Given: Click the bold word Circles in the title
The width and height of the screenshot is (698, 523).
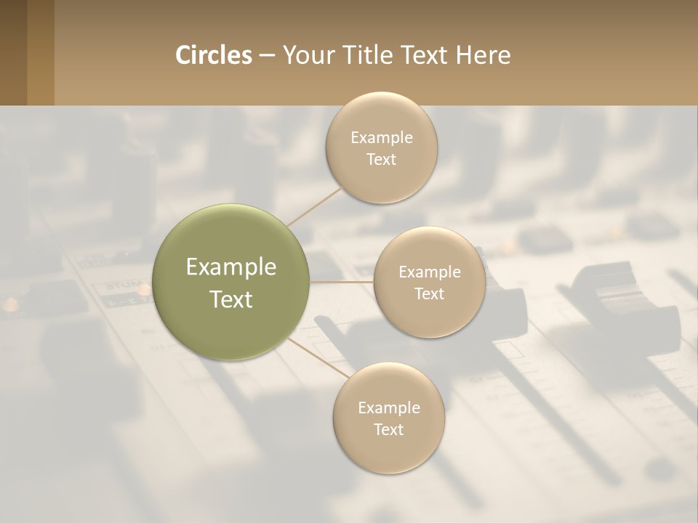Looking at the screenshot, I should pos(214,55).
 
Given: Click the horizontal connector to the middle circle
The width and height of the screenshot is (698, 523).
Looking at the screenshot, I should pos(342,282).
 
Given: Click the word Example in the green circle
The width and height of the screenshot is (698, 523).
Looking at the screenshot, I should pos(231,267).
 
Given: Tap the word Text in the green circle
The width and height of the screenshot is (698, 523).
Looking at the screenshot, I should pos(231,299).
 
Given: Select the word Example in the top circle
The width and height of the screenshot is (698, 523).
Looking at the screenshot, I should pos(382,138).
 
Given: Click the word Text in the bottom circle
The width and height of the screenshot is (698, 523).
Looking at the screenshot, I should pos(388,429).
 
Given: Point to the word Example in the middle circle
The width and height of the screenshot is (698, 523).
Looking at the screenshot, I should pos(430,272).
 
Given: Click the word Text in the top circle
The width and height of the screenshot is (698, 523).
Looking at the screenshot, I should pos(382,159).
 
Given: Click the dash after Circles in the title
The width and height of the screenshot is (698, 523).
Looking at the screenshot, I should pos(266,56).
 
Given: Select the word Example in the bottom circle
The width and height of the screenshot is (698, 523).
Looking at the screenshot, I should pos(389,408).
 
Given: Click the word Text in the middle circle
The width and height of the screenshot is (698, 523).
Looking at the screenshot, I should pos(430,293).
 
